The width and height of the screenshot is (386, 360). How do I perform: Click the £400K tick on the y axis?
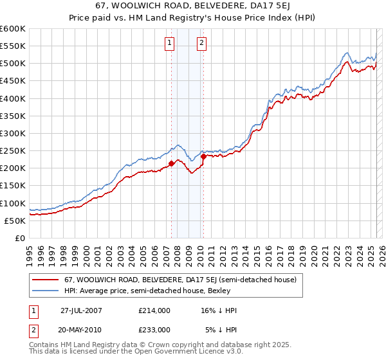click(13, 98)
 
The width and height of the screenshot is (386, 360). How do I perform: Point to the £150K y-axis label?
click(13, 186)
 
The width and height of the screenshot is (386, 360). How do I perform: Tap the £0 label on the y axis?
click(19, 238)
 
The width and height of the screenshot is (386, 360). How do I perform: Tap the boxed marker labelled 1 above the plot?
click(169, 43)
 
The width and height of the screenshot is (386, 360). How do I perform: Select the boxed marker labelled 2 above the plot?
click(201, 43)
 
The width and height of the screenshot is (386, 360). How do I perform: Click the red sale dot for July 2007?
click(172, 163)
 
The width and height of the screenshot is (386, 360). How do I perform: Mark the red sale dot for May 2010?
click(203, 156)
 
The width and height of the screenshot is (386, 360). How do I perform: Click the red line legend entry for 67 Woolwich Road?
click(180, 280)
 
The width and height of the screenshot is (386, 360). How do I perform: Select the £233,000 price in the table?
click(154, 329)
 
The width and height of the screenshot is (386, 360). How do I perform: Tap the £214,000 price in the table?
click(154, 310)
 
